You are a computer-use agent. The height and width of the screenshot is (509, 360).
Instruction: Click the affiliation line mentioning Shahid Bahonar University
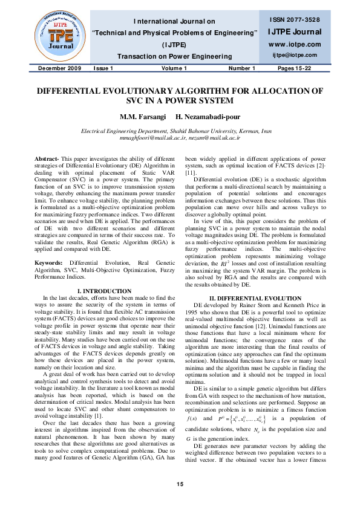click(x=180, y=131)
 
